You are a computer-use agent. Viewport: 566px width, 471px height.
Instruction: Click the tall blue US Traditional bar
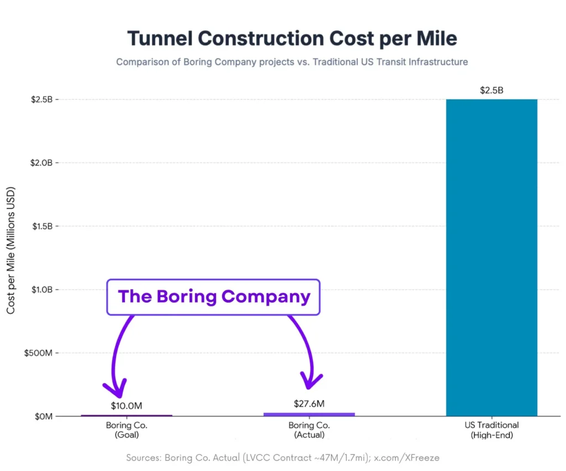click(491, 257)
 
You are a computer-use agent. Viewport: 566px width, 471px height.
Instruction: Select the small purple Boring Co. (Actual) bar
click(309, 414)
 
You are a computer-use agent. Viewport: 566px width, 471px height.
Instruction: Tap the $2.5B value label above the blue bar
click(491, 91)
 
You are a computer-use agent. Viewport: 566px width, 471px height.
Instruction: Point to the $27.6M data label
click(308, 404)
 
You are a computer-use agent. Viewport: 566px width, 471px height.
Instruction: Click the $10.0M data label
click(127, 406)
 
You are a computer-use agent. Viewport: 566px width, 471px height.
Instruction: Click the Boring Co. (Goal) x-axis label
click(127, 430)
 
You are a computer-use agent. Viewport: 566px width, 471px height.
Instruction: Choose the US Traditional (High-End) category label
click(491, 430)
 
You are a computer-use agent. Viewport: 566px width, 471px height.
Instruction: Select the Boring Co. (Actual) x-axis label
click(309, 430)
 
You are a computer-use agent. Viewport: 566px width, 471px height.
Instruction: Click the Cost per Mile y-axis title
click(11, 251)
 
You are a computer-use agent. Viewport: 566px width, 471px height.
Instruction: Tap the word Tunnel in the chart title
click(159, 39)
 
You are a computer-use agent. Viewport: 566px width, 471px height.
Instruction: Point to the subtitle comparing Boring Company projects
click(292, 62)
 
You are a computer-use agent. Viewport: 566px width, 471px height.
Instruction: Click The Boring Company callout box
click(213, 297)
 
